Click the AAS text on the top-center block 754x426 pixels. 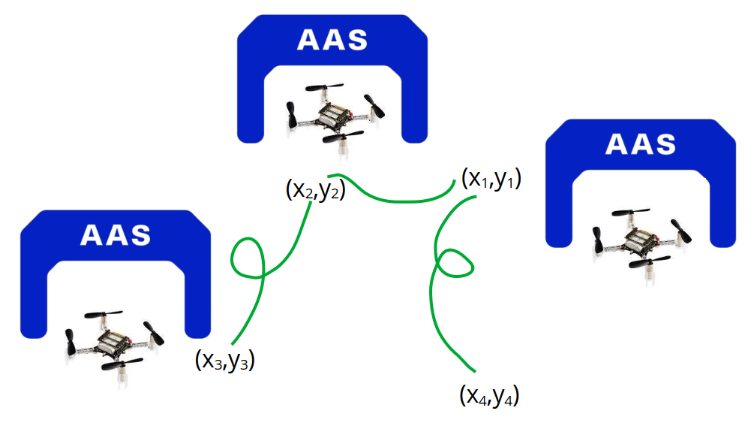[332, 40]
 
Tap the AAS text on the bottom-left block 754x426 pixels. [116, 235]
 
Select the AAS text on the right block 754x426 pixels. [640, 145]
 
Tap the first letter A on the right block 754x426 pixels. [616, 145]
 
